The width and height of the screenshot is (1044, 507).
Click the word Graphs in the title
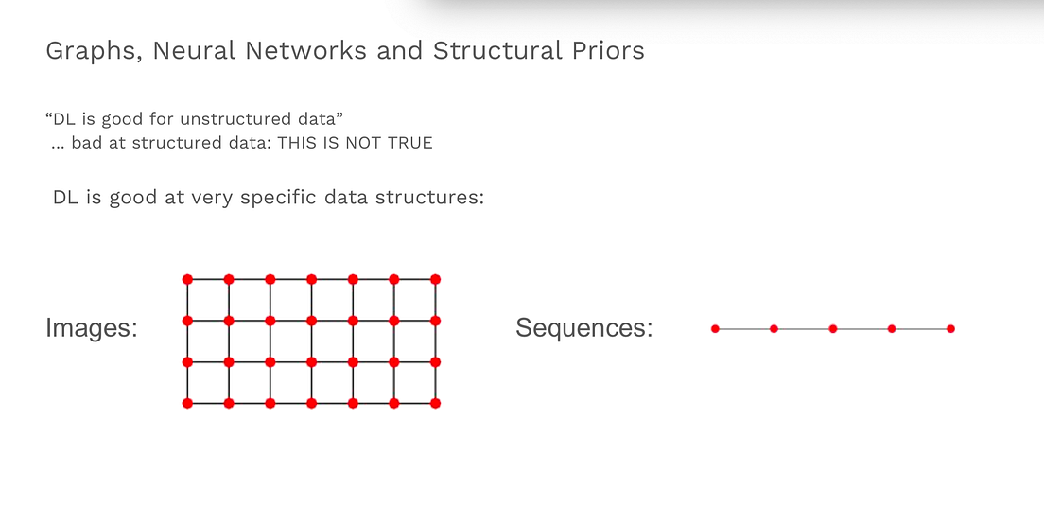[90, 51]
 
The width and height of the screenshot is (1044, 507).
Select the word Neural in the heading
[194, 51]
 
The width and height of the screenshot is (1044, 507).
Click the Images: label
[92, 328]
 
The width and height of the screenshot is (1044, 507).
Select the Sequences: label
[583, 328]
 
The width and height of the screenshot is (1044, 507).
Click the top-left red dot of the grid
[187, 279]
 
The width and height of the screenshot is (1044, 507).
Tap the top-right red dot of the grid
[436, 279]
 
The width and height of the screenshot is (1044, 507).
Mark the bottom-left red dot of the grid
[187, 404]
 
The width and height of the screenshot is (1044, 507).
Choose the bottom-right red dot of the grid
[436, 404]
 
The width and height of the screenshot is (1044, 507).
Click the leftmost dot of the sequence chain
[715, 329]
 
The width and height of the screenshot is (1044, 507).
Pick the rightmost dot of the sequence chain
[950, 329]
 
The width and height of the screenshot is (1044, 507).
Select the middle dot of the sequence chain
[833, 329]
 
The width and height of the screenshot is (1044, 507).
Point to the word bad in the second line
[86, 143]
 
